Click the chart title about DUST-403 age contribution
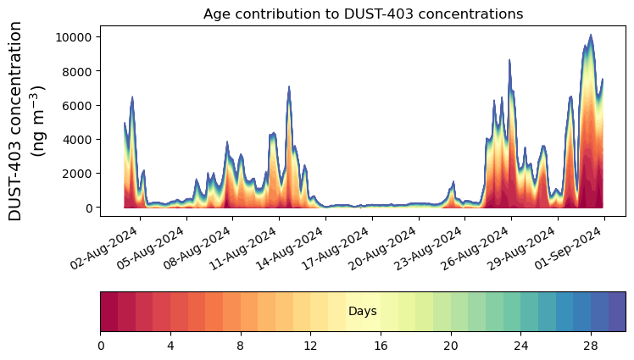363,14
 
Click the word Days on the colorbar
363,312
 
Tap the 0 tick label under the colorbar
101,346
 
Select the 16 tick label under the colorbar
381,346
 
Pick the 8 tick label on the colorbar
241,346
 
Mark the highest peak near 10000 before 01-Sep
591,36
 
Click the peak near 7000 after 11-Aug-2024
289,86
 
